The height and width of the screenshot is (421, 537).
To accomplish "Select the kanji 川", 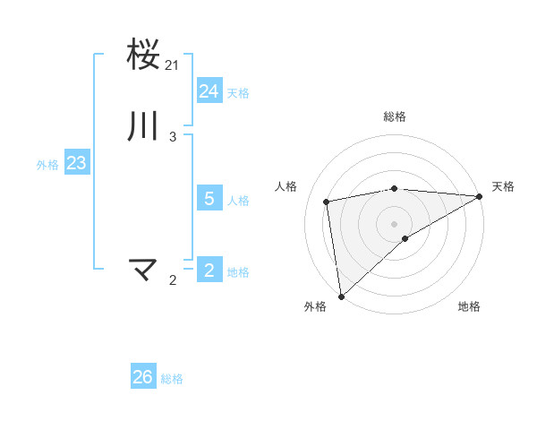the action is pyautogui.click(x=144, y=125).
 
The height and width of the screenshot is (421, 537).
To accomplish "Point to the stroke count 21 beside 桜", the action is pyautogui.click(x=172, y=65).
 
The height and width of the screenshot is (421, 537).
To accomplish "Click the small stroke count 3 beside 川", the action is pyautogui.click(x=172, y=137).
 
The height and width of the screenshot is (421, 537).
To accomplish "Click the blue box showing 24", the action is pyautogui.click(x=209, y=90).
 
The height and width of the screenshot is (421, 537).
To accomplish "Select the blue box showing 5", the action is pyautogui.click(x=209, y=199).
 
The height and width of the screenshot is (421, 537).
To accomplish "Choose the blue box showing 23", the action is pyautogui.click(x=76, y=163).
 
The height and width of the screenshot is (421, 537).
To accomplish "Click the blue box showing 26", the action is pyautogui.click(x=142, y=377).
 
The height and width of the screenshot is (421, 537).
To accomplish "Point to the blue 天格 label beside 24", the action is pyautogui.click(x=238, y=93).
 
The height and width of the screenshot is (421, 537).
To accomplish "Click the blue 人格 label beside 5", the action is pyautogui.click(x=238, y=201).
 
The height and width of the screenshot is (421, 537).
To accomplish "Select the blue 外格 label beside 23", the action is pyautogui.click(x=47, y=165).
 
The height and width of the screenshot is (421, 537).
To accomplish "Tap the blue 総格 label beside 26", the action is pyautogui.click(x=172, y=379).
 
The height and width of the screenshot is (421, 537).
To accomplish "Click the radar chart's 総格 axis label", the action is pyautogui.click(x=395, y=116).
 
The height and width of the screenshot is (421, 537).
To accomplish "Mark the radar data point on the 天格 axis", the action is pyautogui.click(x=479, y=197).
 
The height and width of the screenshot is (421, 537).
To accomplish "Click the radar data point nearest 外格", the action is pyautogui.click(x=341, y=296).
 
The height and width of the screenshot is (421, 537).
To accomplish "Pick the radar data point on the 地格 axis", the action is pyautogui.click(x=405, y=238).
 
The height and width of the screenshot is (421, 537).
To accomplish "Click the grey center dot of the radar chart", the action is pyautogui.click(x=395, y=223).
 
